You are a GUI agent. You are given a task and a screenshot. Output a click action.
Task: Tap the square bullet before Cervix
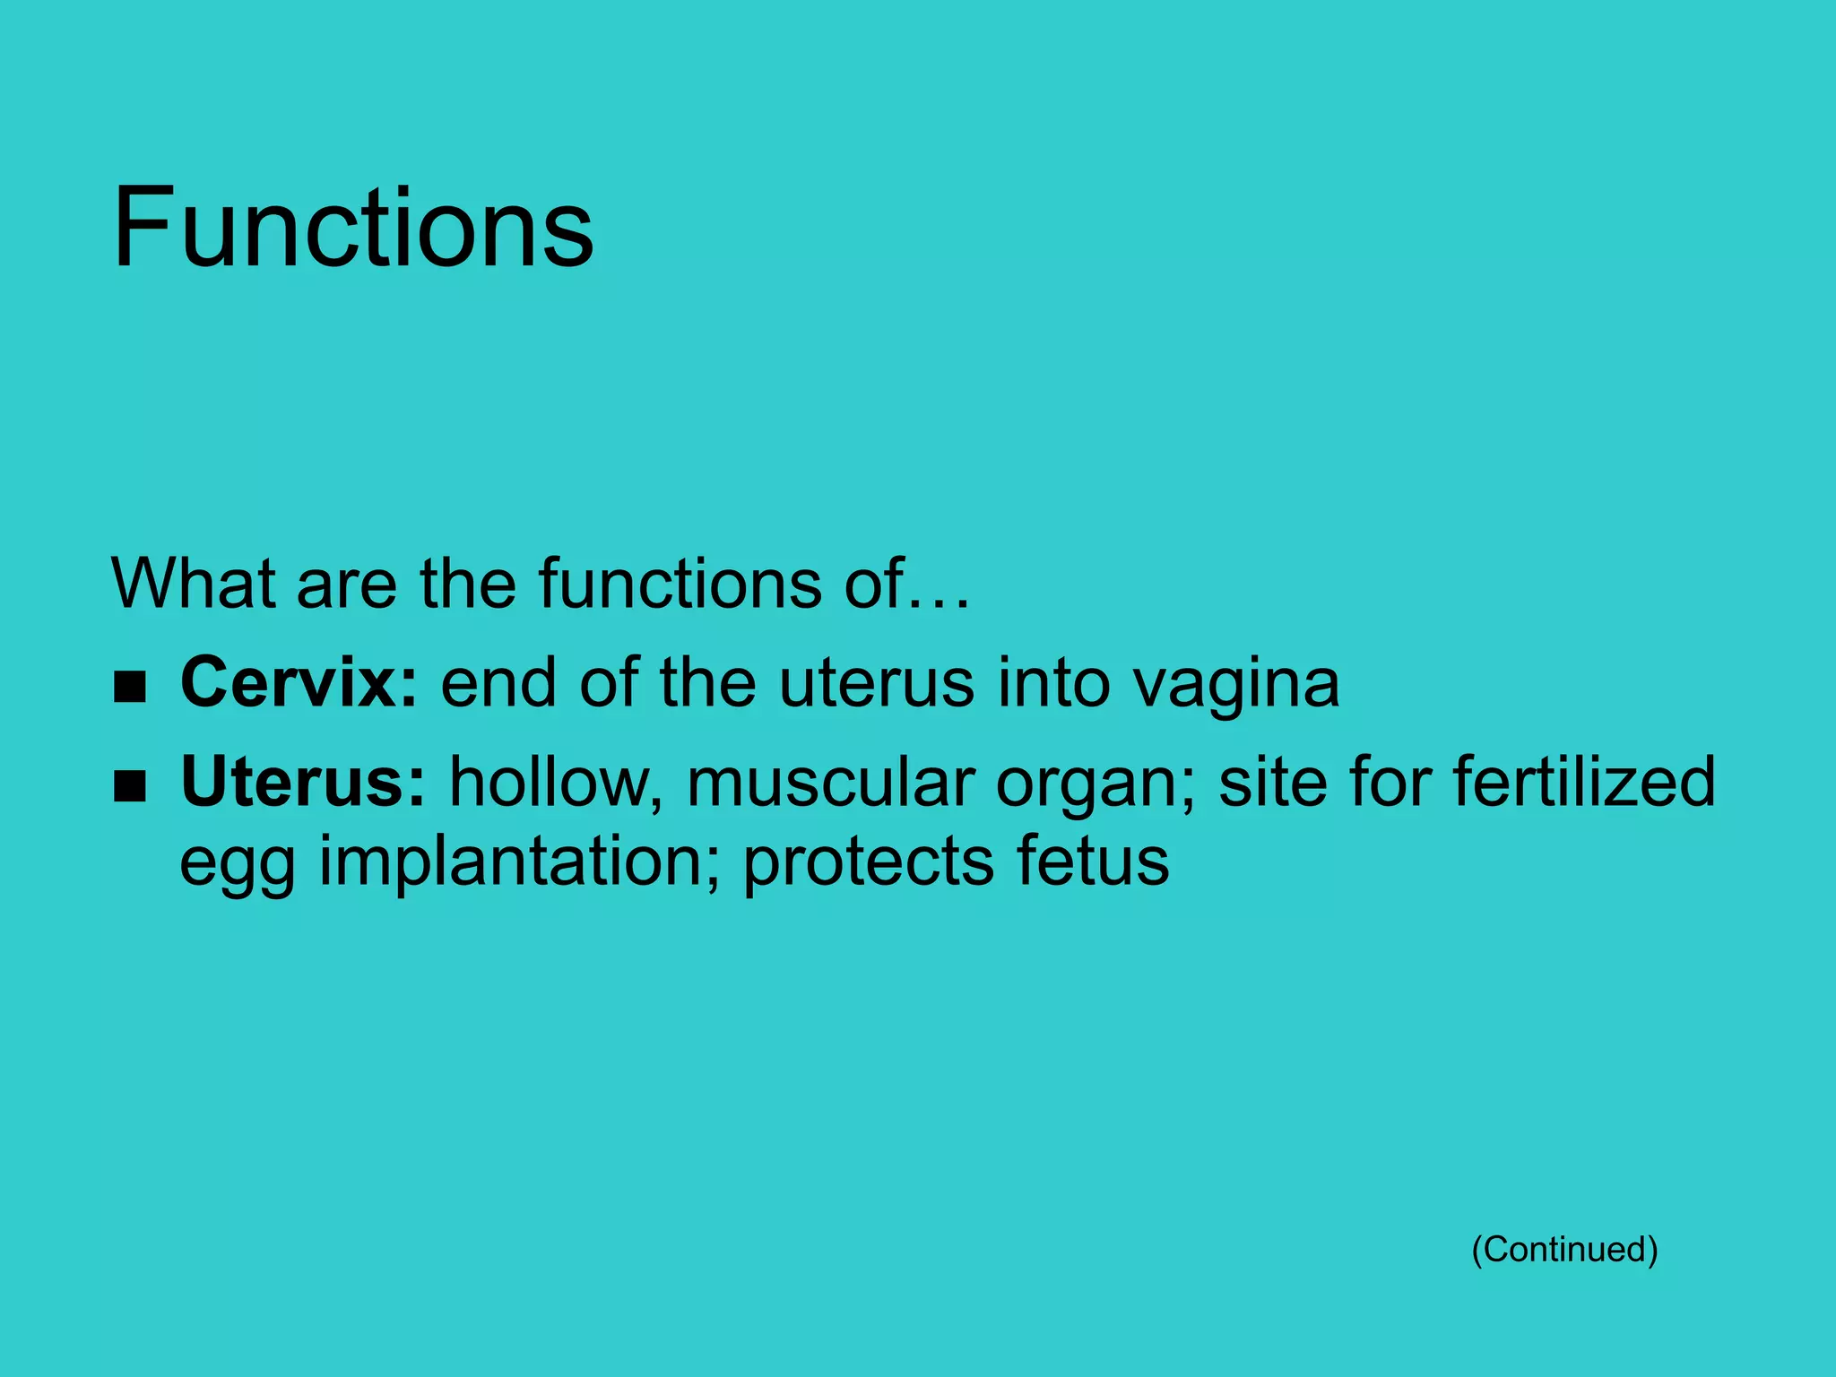[x=130, y=688]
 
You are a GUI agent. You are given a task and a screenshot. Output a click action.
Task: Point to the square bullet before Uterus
[x=130, y=787]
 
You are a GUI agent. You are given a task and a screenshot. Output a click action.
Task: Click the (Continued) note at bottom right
[x=1564, y=1249]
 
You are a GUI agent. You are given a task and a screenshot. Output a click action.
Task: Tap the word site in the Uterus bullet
[x=1271, y=782]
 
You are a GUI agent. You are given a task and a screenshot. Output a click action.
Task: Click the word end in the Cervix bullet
[x=498, y=683]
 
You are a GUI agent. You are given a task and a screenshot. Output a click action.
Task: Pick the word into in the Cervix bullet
[x=1052, y=683]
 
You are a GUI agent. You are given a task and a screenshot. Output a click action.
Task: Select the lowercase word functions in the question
[x=680, y=584]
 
